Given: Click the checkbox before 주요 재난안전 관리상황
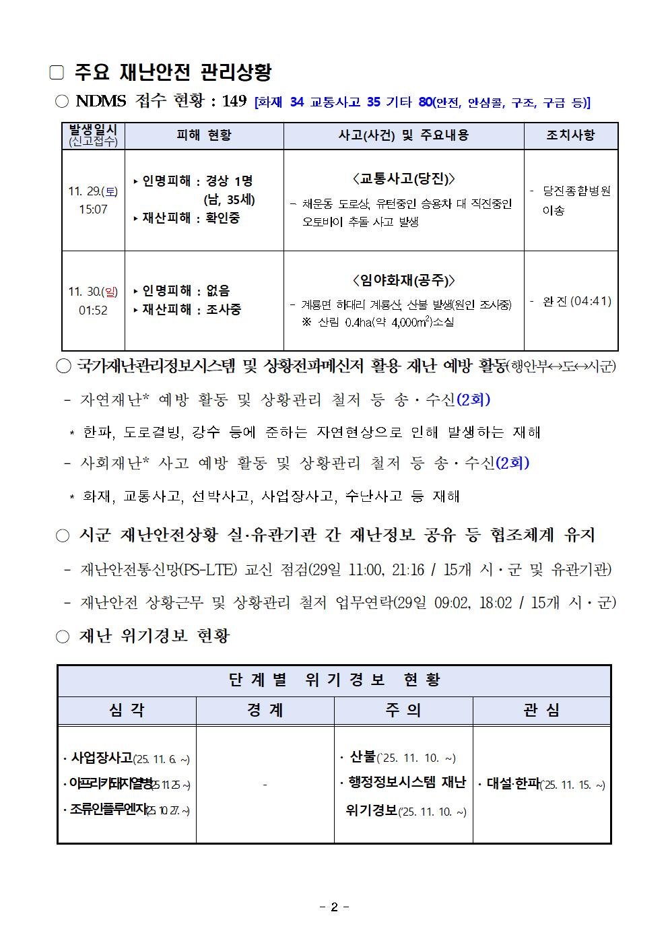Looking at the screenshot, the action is (x=57, y=73).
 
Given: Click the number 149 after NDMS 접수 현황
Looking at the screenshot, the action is (x=234, y=101).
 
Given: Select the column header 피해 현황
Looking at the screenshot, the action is (x=204, y=135).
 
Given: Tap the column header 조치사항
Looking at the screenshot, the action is (x=570, y=135).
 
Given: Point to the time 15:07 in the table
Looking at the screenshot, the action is (x=93, y=209).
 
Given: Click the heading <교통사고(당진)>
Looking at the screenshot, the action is (x=403, y=178).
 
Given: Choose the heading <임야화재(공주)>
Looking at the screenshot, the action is (x=403, y=280).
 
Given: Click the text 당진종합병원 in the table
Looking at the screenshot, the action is (x=576, y=191).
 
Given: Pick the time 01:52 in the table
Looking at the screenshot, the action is (x=93, y=311).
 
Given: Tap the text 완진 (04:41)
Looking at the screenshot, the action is (x=577, y=301).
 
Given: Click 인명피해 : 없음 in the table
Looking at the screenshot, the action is (x=186, y=290).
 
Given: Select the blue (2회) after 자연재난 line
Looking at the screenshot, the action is (x=473, y=399).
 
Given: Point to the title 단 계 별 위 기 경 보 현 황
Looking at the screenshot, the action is (x=334, y=680).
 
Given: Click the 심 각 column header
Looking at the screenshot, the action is (x=127, y=711).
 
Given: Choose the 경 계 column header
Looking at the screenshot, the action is (x=265, y=711).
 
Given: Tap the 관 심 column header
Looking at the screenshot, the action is (x=541, y=711).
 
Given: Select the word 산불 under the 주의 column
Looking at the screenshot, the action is (x=363, y=757).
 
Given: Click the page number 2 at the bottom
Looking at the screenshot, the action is (x=334, y=907).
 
